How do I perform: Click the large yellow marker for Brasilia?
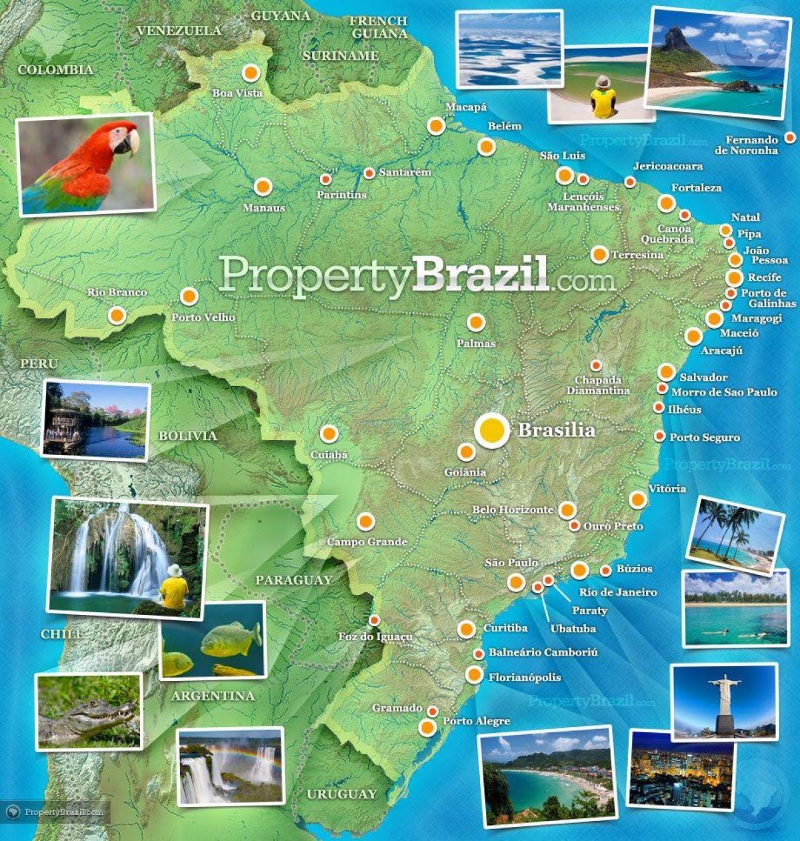click(x=491, y=430)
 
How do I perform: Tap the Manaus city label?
click(x=263, y=208)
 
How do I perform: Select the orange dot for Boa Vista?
click(x=251, y=73)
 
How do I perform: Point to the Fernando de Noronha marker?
click(x=789, y=137)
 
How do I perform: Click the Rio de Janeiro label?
click(x=618, y=592)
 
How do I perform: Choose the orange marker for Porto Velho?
click(x=189, y=296)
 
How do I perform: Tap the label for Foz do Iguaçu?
click(x=375, y=637)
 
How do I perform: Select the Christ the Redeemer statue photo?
click(x=725, y=702)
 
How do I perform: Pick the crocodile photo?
click(x=89, y=712)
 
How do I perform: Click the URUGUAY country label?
click(x=341, y=794)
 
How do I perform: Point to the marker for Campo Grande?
click(x=365, y=521)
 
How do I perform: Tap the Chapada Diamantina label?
click(x=598, y=385)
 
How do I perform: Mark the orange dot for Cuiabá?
click(x=329, y=434)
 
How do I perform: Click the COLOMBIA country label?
click(x=55, y=70)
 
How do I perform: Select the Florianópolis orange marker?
click(x=474, y=675)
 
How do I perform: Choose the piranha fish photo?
click(x=213, y=640)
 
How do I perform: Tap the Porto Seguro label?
click(x=705, y=438)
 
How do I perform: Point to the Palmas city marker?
click(x=475, y=323)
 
